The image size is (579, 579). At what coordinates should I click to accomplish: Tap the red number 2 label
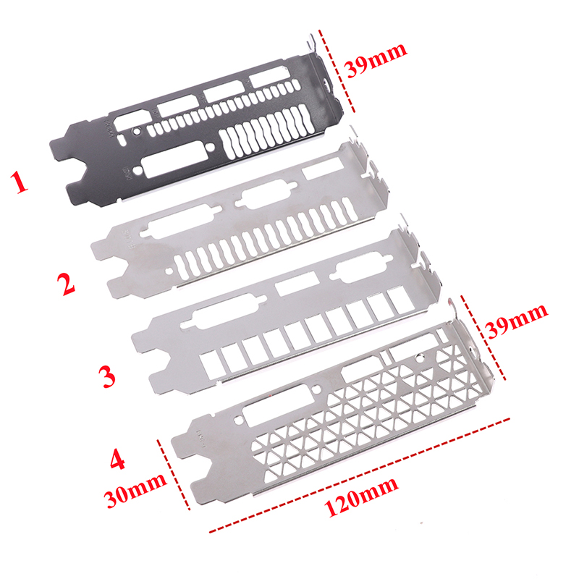66,283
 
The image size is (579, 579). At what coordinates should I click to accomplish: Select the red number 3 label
107,376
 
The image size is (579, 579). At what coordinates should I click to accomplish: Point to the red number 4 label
117,460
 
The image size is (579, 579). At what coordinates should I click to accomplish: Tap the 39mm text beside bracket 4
517,321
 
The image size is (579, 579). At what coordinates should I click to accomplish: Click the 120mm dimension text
361,496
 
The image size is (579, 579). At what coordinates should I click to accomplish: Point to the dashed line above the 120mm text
359,476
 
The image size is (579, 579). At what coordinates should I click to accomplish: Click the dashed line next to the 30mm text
173,475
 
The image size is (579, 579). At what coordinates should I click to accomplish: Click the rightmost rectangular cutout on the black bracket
269,77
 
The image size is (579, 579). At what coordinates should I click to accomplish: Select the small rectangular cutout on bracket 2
323,169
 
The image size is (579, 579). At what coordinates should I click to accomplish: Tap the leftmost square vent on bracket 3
210,365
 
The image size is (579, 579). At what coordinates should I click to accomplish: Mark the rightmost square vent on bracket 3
398,299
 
